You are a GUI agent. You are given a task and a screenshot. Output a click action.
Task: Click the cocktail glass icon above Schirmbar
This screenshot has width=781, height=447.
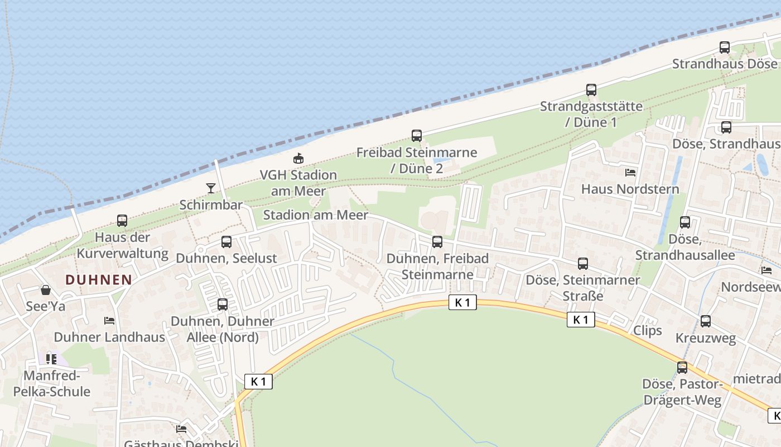[211, 188]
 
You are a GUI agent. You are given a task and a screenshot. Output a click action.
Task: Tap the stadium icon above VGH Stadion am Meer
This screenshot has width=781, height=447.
[299, 158]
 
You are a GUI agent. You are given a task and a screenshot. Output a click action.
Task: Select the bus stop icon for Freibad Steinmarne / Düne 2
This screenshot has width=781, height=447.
[417, 136]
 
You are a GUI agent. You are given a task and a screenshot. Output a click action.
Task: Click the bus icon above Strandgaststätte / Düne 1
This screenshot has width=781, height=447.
[591, 89]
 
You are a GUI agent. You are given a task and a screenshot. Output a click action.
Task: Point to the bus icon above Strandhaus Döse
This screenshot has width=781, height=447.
[725, 47]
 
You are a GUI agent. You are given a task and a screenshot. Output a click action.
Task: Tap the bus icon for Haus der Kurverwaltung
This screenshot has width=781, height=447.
[122, 221]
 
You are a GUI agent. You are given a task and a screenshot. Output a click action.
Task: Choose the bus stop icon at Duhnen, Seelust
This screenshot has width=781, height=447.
[226, 242]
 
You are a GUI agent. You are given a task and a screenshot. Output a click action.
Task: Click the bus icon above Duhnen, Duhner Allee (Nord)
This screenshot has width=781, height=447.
[223, 305]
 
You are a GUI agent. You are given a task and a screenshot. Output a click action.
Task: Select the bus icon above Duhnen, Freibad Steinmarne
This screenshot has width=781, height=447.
[437, 242]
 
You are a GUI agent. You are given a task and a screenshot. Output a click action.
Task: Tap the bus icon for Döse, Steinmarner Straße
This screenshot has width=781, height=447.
[583, 264]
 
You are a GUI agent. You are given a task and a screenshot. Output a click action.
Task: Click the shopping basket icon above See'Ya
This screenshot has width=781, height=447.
[46, 290]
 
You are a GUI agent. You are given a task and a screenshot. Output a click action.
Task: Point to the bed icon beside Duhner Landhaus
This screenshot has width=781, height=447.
[109, 321]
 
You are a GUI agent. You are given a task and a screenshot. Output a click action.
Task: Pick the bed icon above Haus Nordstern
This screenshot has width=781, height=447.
[630, 173]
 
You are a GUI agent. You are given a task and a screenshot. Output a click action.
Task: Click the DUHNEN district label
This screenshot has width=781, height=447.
[99, 280]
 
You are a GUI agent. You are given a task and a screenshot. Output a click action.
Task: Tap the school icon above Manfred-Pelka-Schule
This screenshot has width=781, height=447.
[51, 359]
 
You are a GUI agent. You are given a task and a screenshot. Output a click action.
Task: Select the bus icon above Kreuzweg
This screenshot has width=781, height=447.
[706, 321]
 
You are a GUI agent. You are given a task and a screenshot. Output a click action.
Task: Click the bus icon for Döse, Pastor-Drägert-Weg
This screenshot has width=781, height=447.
[682, 368]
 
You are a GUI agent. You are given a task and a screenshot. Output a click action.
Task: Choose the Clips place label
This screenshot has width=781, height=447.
[647, 330]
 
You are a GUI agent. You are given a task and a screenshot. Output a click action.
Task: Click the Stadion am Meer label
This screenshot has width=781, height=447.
[315, 215]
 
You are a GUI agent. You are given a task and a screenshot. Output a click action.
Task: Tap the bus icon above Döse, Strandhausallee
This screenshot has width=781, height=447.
[685, 222]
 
